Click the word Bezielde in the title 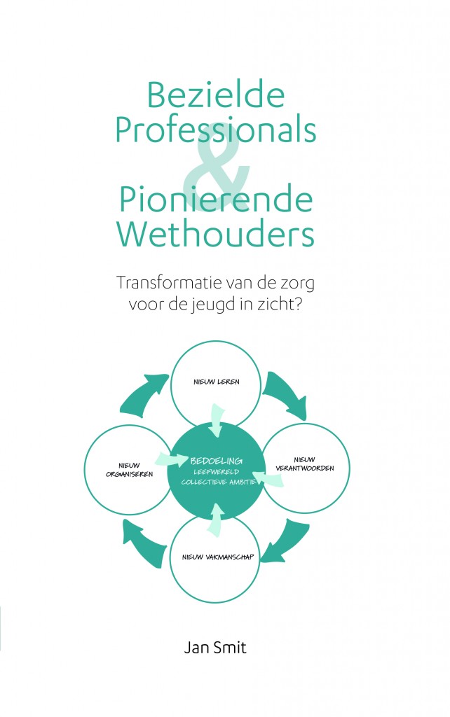(216, 95)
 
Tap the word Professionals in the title (215, 129)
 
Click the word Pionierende (216, 200)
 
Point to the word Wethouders (215, 234)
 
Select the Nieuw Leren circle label (216, 382)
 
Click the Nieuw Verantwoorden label (304, 464)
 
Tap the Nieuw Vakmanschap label (217, 557)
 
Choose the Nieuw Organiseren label (129, 470)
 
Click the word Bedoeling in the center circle (216, 461)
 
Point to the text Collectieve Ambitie (218, 482)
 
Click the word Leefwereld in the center (216, 472)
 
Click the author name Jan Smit (215, 648)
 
